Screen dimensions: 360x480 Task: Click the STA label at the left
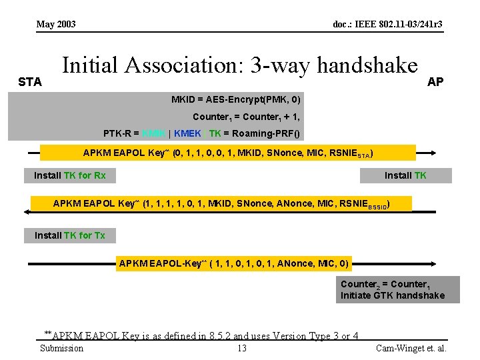coord(30,82)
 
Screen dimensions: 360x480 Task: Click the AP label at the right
coord(435,82)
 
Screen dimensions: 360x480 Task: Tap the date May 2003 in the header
coord(56,25)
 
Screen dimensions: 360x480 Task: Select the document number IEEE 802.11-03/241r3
coord(387,25)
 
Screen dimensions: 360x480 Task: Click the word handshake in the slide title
coord(367,65)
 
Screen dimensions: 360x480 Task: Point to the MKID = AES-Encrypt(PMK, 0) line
coord(235,100)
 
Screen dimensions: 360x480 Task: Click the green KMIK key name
coord(154,133)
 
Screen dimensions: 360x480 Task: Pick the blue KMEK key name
coord(187,133)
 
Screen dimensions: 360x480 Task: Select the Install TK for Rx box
coord(70,175)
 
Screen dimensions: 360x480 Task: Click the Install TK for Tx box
coord(70,235)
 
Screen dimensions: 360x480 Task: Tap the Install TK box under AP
coord(405,175)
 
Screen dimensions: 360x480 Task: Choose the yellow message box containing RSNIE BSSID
coord(221,203)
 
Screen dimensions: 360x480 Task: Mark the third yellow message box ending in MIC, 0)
coord(233,263)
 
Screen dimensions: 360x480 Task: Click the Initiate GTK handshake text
coord(392,295)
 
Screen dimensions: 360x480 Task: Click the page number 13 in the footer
coord(241,348)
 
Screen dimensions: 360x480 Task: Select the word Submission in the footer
coord(61,348)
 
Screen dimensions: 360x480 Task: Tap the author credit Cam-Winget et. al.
coord(411,348)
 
